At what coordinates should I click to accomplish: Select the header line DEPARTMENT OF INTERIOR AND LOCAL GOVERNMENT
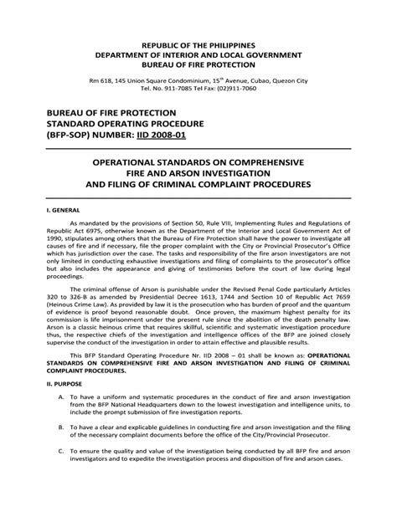pos(198,54)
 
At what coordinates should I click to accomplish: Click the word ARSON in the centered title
pos(185,170)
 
